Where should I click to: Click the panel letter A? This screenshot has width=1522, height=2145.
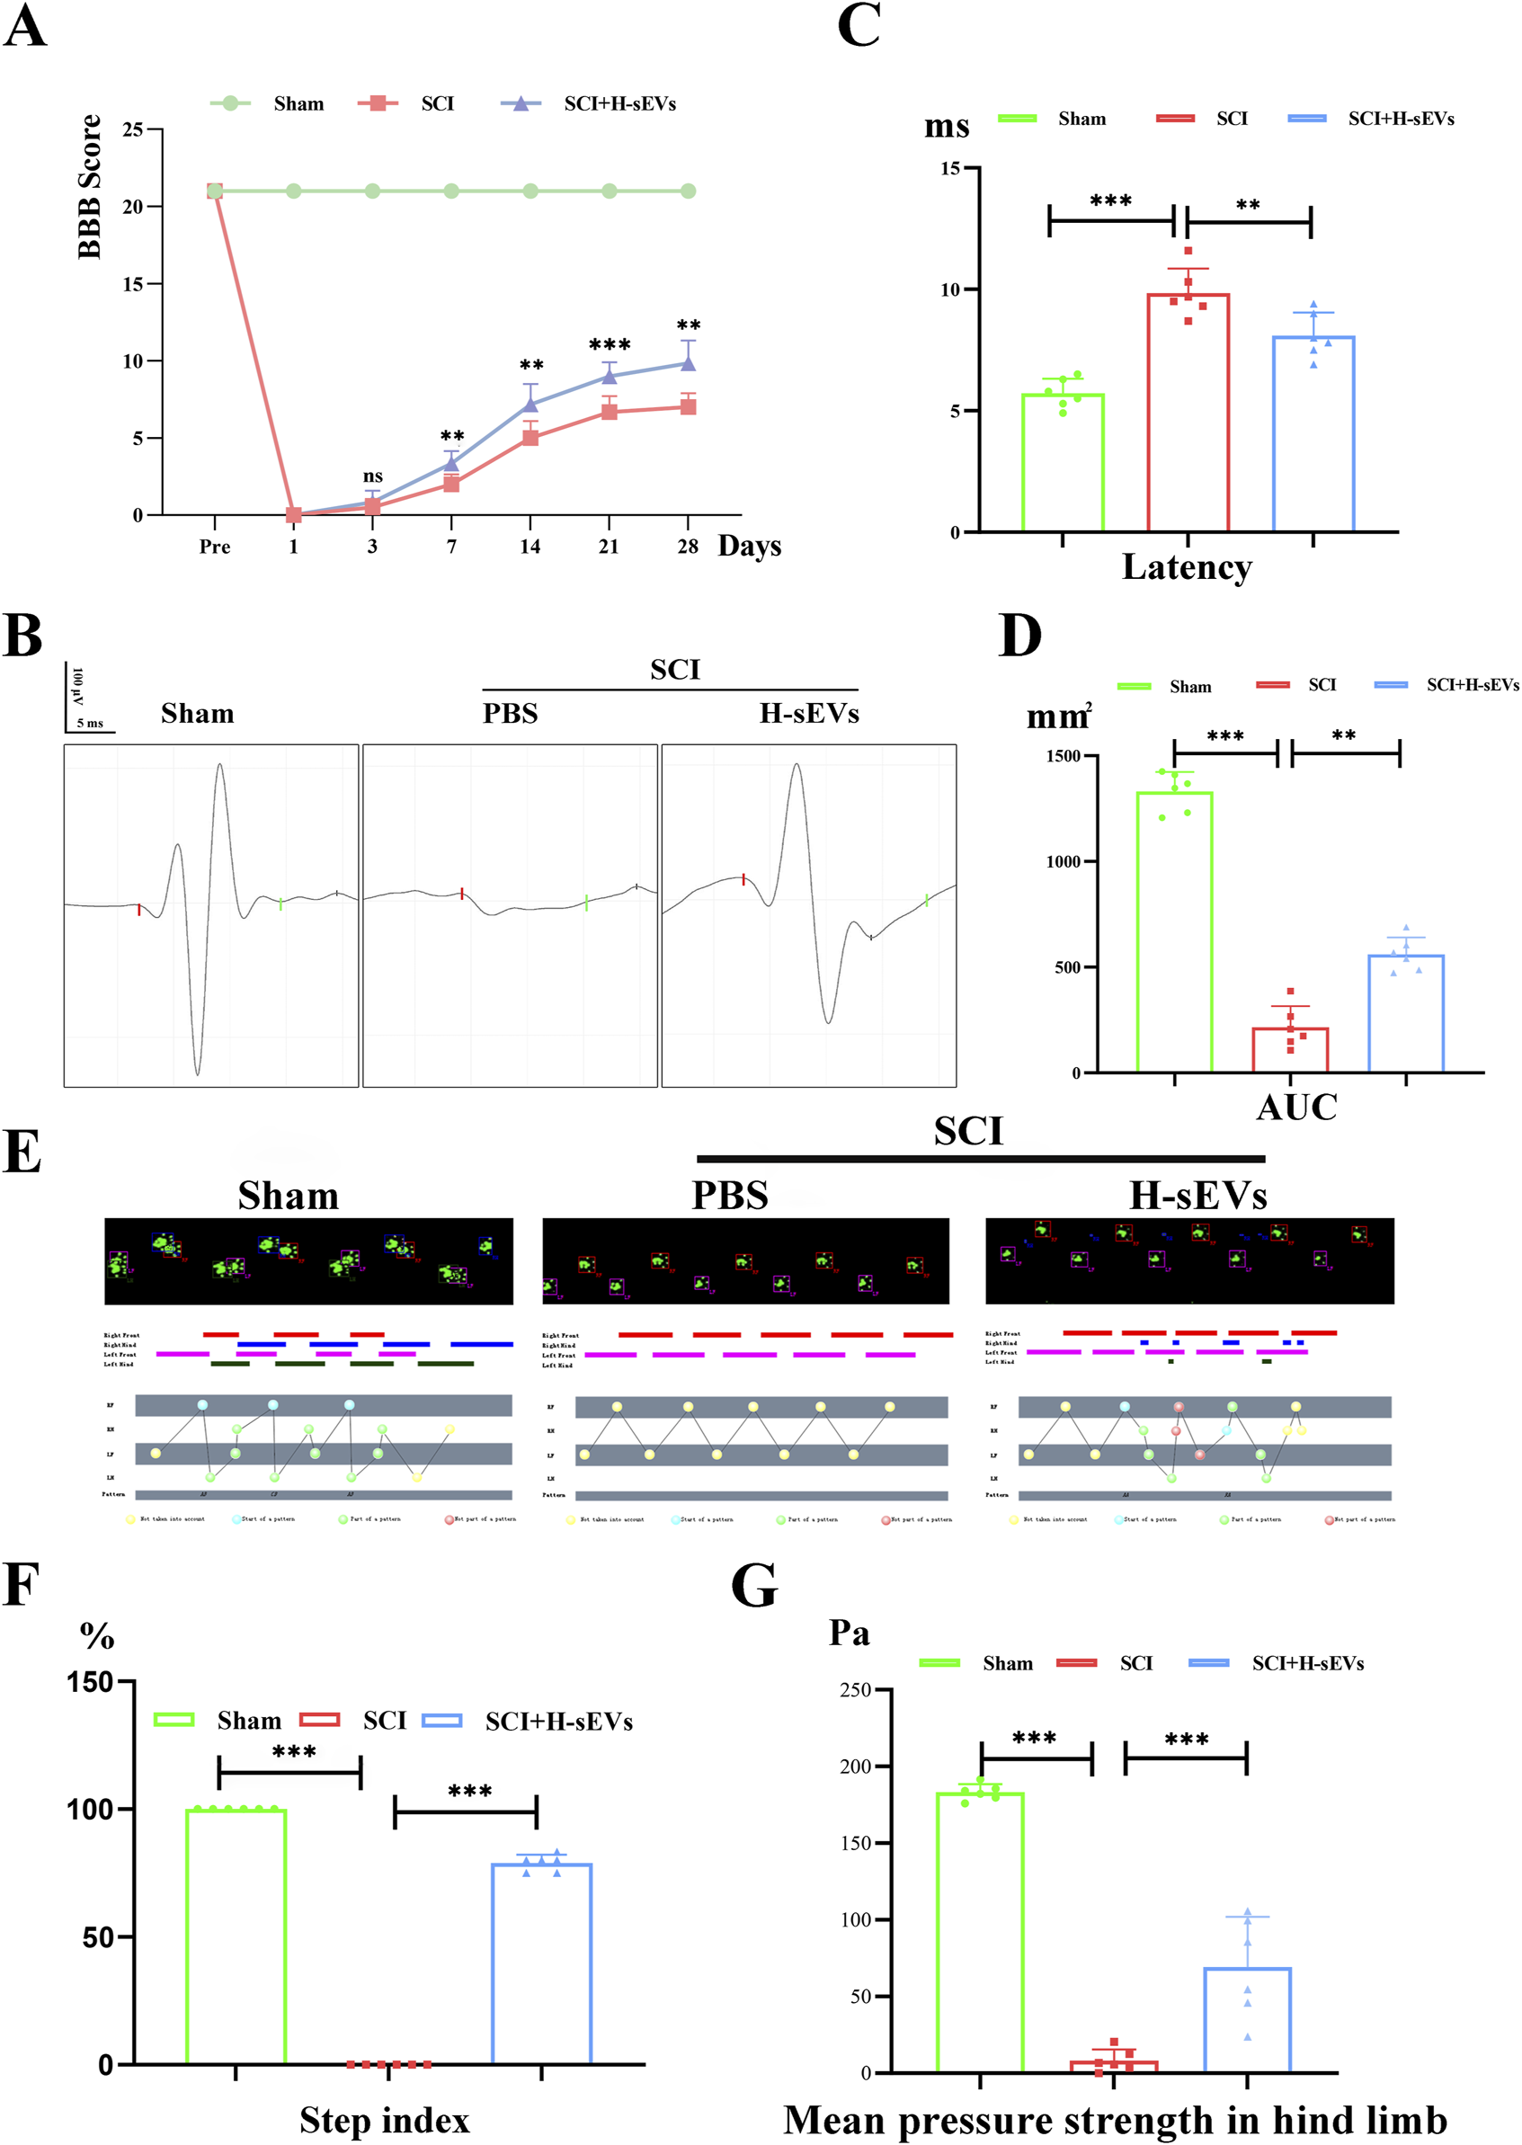tap(24, 26)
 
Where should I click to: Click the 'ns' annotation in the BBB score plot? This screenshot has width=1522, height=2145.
tap(372, 476)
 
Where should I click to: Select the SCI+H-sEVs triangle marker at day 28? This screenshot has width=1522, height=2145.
tap(688, 363)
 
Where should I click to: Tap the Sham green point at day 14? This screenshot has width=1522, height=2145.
tap(530, 191)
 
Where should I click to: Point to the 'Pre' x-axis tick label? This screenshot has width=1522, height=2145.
tap(215, 547)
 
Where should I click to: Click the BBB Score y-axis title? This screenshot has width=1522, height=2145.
tap(89, 186)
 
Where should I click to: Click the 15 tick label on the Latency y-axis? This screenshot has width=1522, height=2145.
tap(950, 169)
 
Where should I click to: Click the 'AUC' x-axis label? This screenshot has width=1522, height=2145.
tap(1296, 1107)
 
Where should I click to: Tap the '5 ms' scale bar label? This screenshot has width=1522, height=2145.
tap(90, 724)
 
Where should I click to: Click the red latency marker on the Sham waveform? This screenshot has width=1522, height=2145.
tap(139, 909)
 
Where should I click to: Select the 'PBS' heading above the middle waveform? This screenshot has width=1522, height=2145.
tap(510, 713)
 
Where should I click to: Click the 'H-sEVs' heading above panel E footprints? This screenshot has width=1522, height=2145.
tap(1197, 1196)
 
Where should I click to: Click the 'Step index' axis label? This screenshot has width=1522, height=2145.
tap(384, 2119)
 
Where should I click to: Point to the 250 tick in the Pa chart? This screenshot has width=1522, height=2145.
tap(855, 1689)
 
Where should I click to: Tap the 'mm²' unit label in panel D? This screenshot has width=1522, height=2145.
tap(1058, 716)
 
